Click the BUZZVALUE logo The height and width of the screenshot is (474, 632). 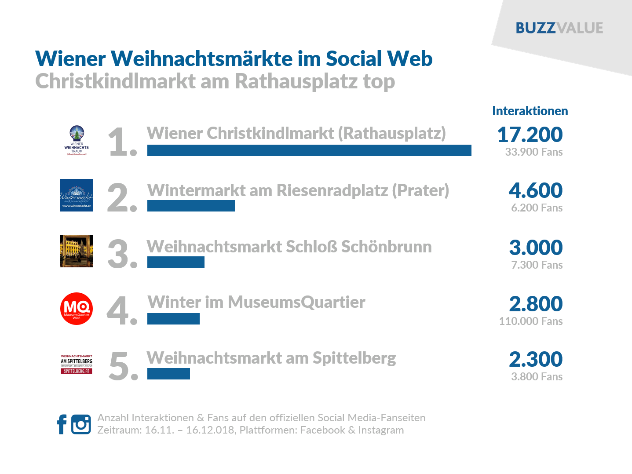[559, 28]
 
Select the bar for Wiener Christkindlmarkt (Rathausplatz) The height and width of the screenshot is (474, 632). [309, 150]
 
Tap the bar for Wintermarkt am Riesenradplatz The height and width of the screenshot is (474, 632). [191, 206]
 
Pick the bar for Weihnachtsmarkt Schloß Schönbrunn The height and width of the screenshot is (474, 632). [176, 262]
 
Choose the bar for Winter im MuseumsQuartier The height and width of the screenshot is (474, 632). [173, 319]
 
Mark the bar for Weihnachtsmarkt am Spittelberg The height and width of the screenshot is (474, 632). [168, 374]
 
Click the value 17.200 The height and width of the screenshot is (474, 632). [530, 135]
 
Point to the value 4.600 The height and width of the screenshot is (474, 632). [535, 190]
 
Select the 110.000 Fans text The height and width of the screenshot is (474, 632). [530, 321]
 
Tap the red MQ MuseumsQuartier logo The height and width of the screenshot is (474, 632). [77, 309]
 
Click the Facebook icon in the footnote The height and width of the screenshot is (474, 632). [62, 424]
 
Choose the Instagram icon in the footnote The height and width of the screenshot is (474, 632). [81, 424]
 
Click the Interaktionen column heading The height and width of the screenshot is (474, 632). [530, 111]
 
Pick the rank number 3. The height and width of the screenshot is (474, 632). [120, 254]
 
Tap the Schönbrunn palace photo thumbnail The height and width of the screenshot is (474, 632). [77, 251]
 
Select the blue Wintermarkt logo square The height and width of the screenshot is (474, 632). [77, 195]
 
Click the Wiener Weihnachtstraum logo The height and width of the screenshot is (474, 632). [77, 141]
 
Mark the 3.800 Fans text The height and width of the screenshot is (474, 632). [537, 377]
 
